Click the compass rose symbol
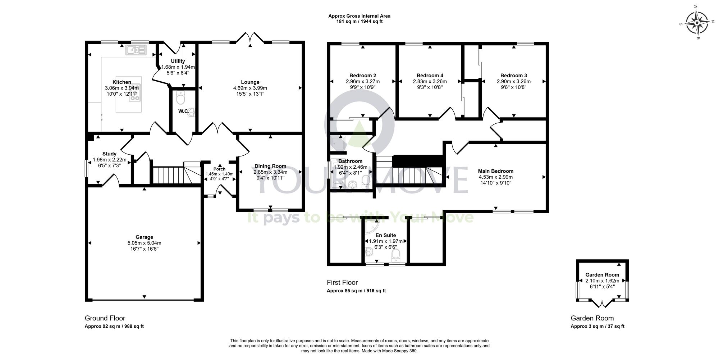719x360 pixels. click(697, 23)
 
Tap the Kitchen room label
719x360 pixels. click(122, 82)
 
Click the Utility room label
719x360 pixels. click(178, 61)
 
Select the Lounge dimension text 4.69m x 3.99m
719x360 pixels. click(250, 88)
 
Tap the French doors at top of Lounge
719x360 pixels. click(251, 38)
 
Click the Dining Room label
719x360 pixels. click(270, 166)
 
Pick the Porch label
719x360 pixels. click(219, 169)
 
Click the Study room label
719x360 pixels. click(109, 154)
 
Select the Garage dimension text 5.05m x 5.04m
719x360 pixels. click(144, 243)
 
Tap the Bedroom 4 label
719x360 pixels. click(430, 76)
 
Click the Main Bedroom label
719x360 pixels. click(495, 171)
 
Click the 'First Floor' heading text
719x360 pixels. click(342, 283)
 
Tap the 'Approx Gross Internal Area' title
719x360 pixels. click(359, 16)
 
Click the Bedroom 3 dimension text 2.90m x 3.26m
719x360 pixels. click(513, 82)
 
